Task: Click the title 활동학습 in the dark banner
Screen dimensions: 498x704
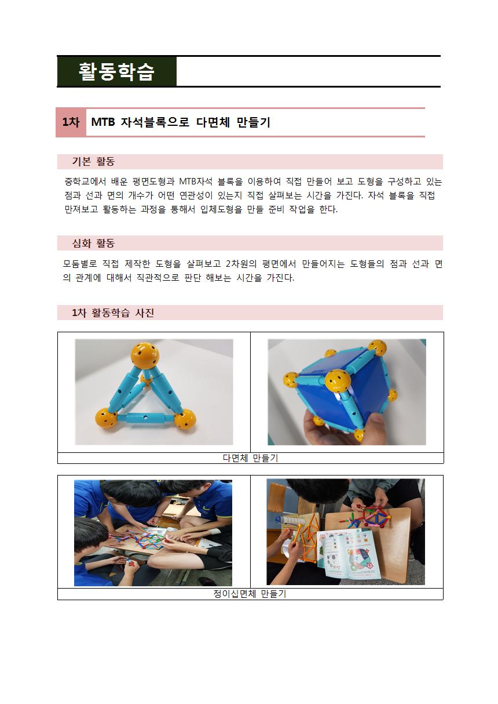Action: click(116, 72)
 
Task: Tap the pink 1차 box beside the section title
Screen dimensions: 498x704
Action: click(71, 122)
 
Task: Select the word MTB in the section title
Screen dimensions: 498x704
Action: click(103, 122)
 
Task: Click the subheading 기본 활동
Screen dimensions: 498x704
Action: click(93, 162)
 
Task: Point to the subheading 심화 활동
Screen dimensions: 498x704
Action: click(93, 243)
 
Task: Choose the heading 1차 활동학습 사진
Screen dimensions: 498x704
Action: click(113, 313)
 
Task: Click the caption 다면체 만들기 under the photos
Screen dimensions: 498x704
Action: click(250, 458)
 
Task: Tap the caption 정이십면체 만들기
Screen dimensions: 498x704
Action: click(250, 594)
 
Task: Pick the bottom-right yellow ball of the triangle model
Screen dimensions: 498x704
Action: click(185, 419)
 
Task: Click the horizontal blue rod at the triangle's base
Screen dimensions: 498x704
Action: click(145, 418)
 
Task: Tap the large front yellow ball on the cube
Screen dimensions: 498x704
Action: click(337, 382)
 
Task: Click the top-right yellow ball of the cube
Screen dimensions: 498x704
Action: click(378, 347)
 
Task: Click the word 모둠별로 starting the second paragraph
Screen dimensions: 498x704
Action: click(80, 264)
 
